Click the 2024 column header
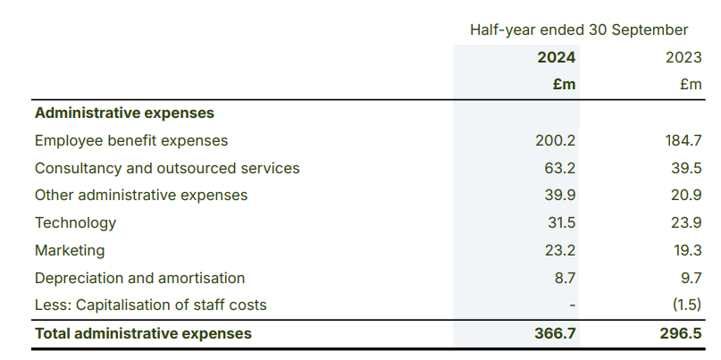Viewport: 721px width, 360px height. tap(556, 57)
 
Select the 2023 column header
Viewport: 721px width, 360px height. tap(683, 57)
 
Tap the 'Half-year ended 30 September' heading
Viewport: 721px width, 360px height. tap(579, 29)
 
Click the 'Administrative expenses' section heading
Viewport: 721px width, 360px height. tap(124, 113)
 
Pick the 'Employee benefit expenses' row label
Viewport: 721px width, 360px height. tap(131, 141)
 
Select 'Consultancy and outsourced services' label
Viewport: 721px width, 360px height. tap(167, 169)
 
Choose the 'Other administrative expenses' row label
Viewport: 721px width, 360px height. tap(141, 196)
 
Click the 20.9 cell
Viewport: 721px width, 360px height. tap(685, 196)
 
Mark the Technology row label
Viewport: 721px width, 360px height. tap(75, 223)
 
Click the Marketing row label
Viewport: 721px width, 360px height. tap(70, 251)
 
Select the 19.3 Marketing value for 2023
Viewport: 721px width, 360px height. tap(685, 251)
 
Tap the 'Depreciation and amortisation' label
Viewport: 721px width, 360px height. tap(139, 279)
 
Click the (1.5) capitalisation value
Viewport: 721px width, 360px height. tap(685, 306)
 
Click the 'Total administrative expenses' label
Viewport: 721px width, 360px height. tap(143, 334)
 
